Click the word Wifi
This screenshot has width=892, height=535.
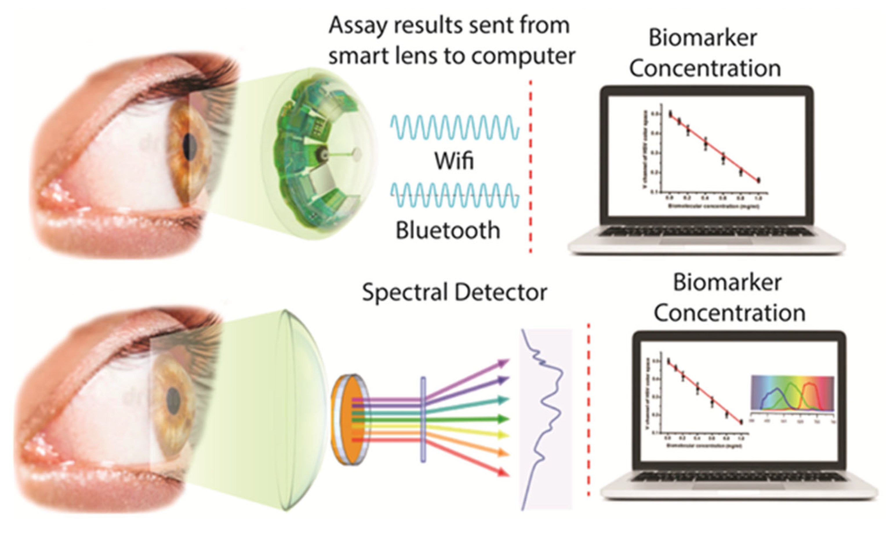click(x=454, y=161)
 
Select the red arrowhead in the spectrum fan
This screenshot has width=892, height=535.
click(x=504, y=472)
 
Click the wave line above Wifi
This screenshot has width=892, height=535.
click(x=455, y=127)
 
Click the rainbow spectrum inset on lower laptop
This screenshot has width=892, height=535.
click(x=793, y=393)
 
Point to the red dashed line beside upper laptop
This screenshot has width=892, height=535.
click(x=530, y=166)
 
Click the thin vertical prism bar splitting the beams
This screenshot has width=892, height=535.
click(x=423, y=419)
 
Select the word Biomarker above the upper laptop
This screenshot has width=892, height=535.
click(x=702, y=38)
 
